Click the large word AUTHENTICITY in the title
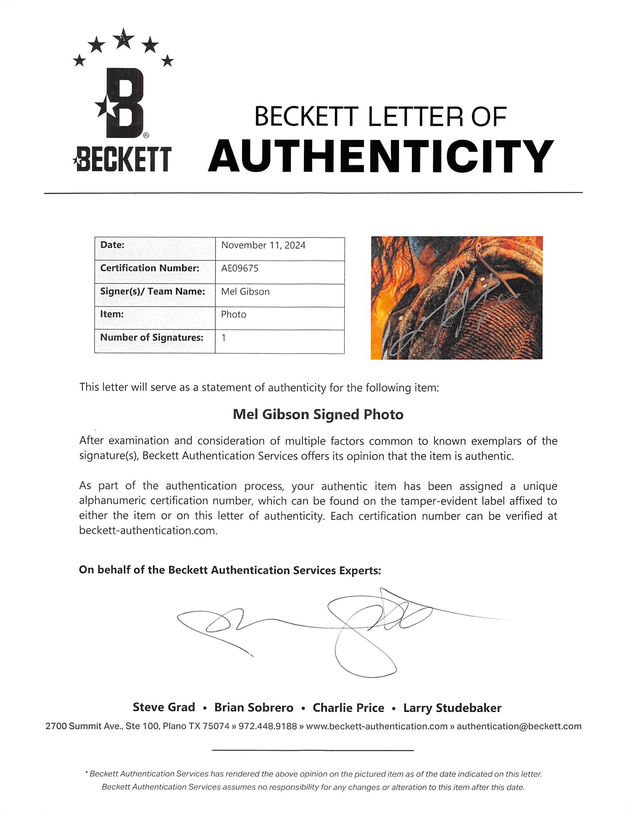coord(380,156)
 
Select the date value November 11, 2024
coord(263,245)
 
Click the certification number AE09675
coord(240,268)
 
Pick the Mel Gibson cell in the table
coord(245,292)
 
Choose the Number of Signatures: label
coord(152,337)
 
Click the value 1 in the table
coord(224,338)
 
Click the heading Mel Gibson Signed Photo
coord(318,414)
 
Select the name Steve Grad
coord(164,707)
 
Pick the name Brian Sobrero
coord(254,708)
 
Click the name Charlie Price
coord(348,708)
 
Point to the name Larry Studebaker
coord(452,708)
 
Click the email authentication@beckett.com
coord(519,726)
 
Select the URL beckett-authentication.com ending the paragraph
coord(148,531)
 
